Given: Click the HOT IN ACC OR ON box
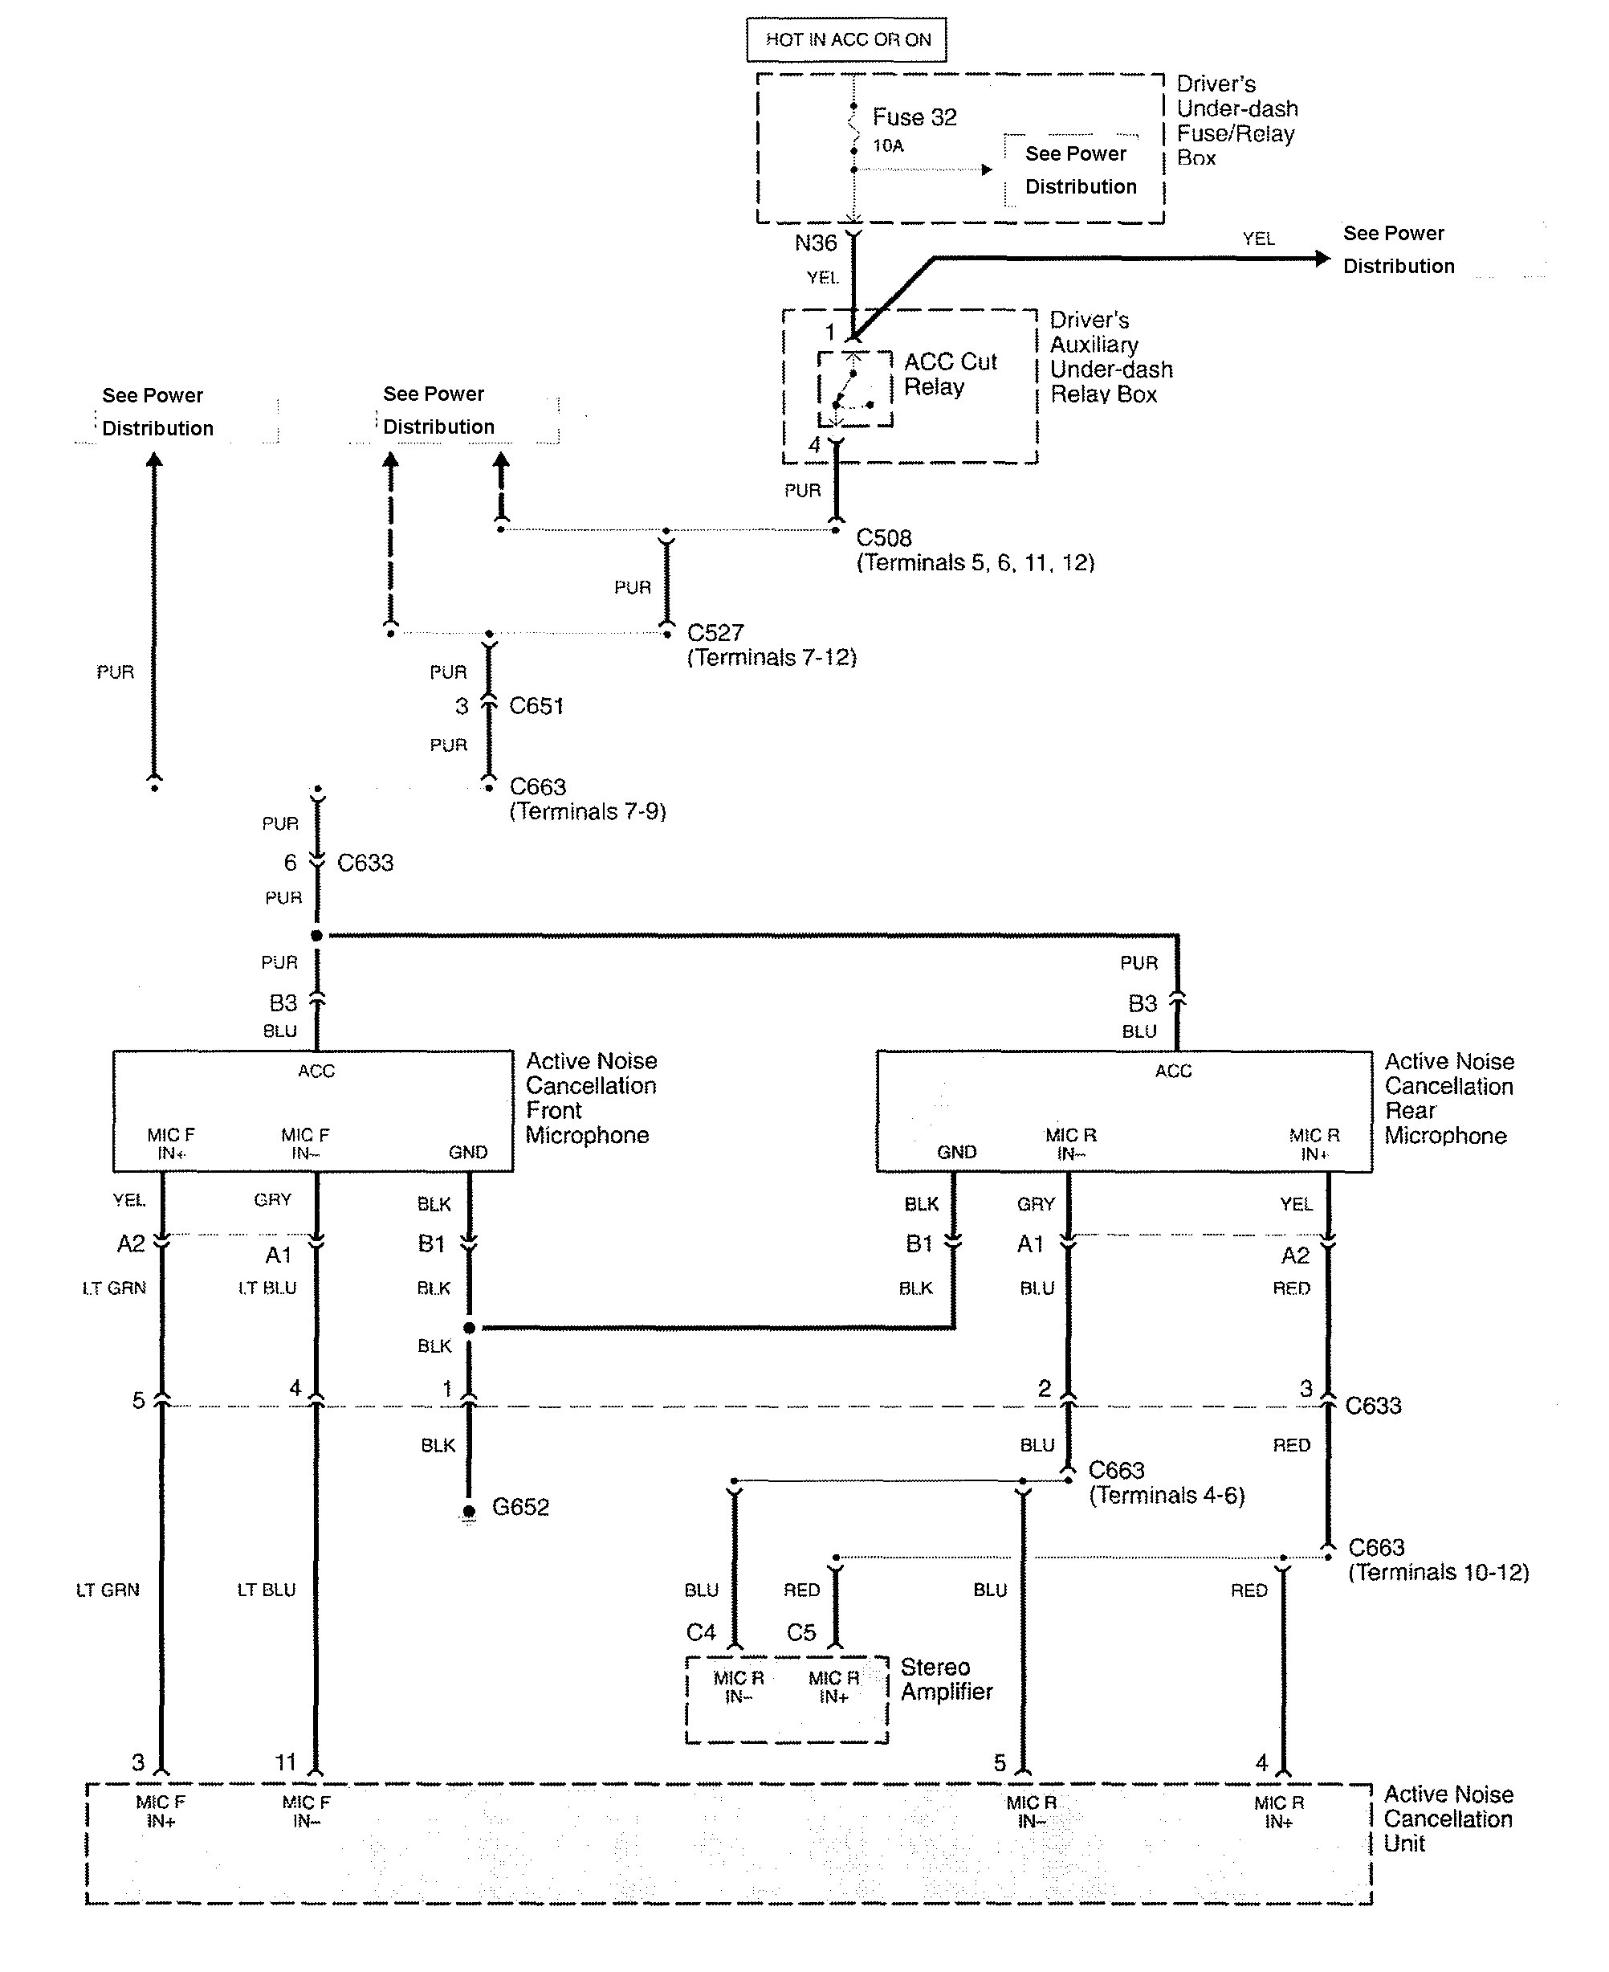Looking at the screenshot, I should coord(846,40).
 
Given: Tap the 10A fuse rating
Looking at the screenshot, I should coord(888,145).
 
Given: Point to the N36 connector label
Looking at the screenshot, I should coord(816,243).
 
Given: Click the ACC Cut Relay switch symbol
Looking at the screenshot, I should coord(853,389).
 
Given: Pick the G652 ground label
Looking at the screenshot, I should coord(520,1507).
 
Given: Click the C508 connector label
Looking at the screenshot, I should coord(883,537).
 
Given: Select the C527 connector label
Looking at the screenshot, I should coord(715,632).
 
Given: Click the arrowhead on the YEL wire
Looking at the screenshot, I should coord(1322,259).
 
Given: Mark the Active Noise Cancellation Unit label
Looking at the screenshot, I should coord(1448,1819).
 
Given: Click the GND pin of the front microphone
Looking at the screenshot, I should coord(468,1153).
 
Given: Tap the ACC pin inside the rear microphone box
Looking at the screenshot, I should coord(1172,1072).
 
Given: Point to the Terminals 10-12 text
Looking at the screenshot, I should coord(1439,1573).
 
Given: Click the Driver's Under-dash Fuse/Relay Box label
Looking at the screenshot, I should coord(1236,121).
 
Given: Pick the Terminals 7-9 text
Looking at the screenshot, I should coord(588,811).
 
